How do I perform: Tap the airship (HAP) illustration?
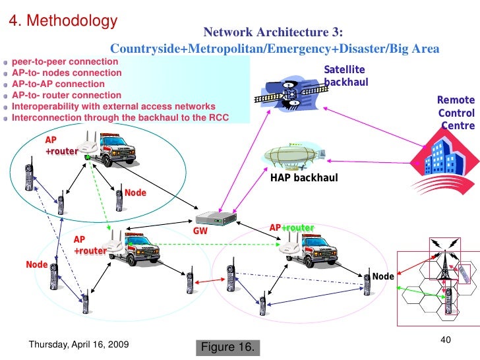tap(294, 156)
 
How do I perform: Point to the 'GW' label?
tap(200, 231)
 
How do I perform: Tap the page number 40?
tap(444, 339)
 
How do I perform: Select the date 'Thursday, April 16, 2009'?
tap(79, 344)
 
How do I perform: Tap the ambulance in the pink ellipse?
tap(311, 251)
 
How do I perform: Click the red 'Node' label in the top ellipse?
tap(135, 193)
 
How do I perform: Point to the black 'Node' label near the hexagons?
tap(382, 276)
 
